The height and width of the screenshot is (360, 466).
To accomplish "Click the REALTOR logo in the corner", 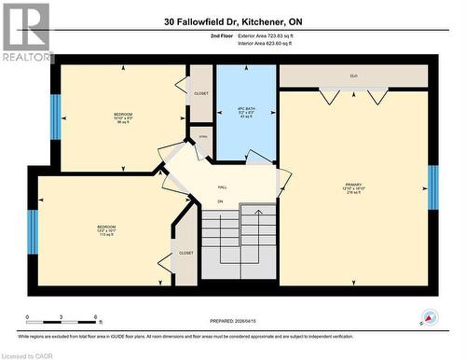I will (26, 33).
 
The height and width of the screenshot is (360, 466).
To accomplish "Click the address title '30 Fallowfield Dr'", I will (232, 21).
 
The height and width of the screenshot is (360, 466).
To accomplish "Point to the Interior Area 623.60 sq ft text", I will (252, 43).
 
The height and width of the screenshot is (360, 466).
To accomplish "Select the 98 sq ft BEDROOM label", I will (124, 118).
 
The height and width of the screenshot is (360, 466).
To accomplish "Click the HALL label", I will (223, 187).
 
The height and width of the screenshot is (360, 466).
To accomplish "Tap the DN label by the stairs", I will (221, 201).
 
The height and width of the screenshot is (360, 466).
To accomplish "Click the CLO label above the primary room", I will (354, 76).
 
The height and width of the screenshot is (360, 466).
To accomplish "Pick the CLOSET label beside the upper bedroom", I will (201, 93).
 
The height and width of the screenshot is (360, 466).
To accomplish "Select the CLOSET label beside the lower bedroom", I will (185, 253).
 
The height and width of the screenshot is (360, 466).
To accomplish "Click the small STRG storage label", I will (202, 137).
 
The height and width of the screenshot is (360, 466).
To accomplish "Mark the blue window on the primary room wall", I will (432, 184).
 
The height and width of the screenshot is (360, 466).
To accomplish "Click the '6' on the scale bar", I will (96, 317).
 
